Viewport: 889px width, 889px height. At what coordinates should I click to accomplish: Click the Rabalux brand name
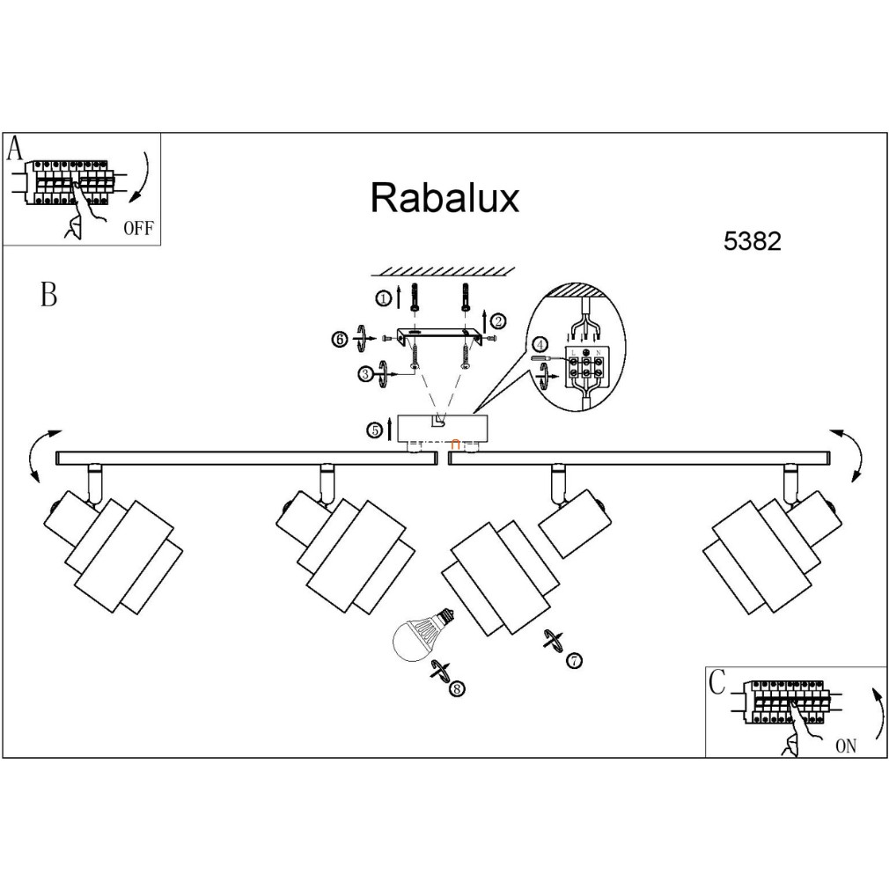(x=444, y=198)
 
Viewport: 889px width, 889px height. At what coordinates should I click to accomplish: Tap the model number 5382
(x=752, y=242)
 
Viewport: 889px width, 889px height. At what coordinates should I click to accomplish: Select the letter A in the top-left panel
(x=15, y=149)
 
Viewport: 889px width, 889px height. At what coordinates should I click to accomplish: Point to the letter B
(x=49, y=295)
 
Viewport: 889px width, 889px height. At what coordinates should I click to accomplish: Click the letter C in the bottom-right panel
(x=717, y=681)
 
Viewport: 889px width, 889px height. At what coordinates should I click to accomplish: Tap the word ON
(x=845, y=746)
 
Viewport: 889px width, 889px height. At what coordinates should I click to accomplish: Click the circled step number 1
(x=384, y=299)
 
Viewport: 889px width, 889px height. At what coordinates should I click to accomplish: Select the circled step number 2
(x=498, y=320)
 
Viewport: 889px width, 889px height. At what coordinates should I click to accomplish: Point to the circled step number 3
(x=364, y=374)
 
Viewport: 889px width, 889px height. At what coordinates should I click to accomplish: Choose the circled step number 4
(x=540, y=345)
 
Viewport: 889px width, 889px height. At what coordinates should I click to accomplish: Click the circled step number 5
(x=375, y=430)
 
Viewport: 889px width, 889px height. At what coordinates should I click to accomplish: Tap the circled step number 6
(x=340, y=339)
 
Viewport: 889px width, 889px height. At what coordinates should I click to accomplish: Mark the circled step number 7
(x=574, y=660)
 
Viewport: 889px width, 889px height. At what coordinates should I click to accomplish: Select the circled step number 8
(x=456, y=689)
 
